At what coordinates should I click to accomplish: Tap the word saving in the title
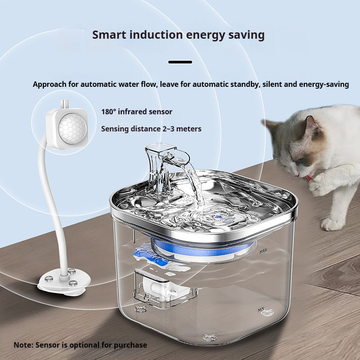(246, 35)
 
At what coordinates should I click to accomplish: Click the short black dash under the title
(180, 62)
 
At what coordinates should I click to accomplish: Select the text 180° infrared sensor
(136, 112)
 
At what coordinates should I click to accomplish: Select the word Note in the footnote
(23, 345)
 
